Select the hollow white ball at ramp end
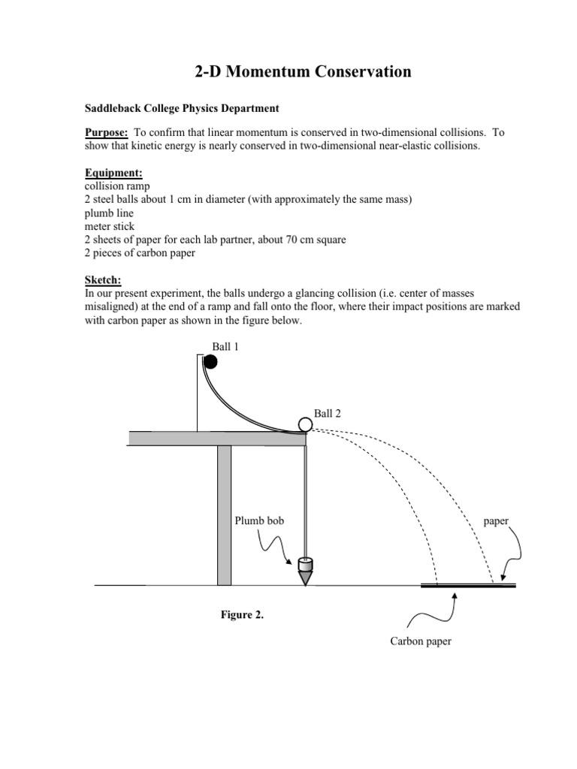pos(304,425)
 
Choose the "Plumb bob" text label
pos(259,520)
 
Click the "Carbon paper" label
pos(420,641)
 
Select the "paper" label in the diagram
pos(496,520)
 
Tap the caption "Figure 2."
pos(242,614)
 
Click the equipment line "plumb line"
pos(110,213)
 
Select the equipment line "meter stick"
pos(111,226)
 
